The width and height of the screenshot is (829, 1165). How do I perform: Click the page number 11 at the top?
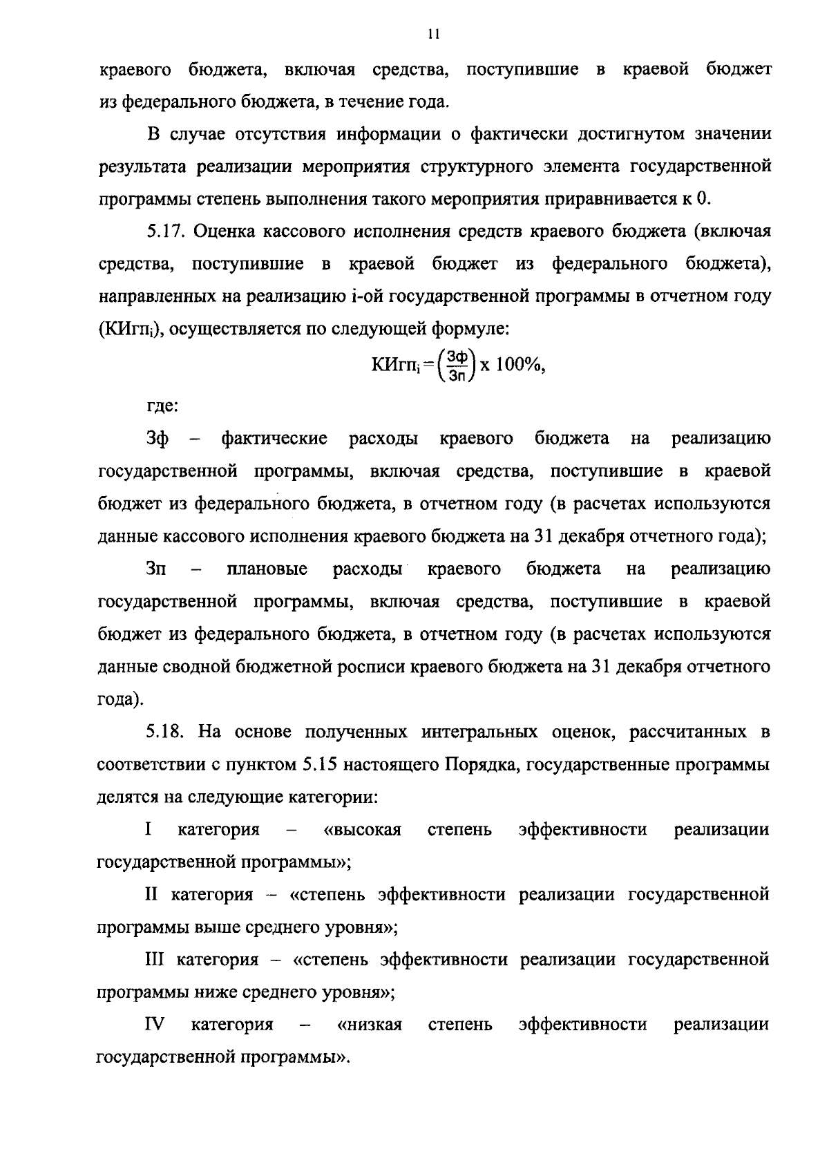pos(433,34)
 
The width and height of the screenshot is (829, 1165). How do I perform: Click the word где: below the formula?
pos(162,406)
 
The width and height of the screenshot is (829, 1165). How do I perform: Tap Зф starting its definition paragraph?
pos(158,439)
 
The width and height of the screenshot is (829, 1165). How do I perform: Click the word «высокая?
pos(362,830)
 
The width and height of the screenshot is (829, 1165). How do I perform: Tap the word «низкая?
pos(369,1025)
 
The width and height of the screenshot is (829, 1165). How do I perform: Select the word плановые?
pos(267,569)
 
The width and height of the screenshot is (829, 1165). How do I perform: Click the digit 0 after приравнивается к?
pos(703,199)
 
